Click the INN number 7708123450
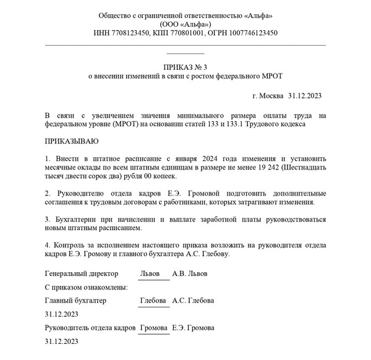tap(128, 33)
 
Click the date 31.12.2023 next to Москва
tap(305, 96)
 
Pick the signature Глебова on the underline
tap(153, 301)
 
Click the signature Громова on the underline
tap(154, 327)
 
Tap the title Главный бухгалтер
tap(76, 301)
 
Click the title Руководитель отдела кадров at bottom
tap(90, 327)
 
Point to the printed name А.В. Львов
tap(190, 273)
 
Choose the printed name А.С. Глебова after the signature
tap(193, 301)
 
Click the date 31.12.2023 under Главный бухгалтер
tap(62, 314)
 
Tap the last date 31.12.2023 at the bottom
tap(62, 341)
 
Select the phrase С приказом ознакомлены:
tap(87, 287)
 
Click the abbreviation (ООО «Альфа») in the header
tap(185, 24)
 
